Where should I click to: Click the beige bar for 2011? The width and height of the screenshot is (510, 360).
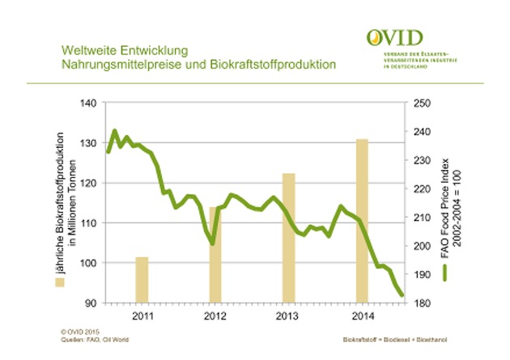[142, 280]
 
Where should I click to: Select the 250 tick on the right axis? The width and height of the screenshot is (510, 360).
[422, 104]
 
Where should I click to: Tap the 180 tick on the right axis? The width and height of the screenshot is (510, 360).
[422, 303]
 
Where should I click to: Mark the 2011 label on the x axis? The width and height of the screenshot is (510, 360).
[142, 316]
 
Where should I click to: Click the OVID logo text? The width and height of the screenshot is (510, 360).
[394, 38]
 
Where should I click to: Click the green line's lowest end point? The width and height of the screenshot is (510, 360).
[402, 295]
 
